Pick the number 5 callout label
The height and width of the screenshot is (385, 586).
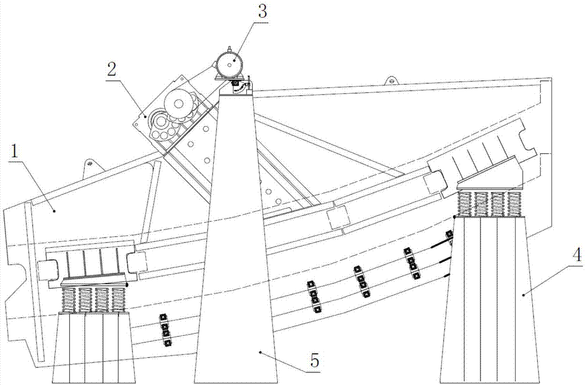(314, 362)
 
